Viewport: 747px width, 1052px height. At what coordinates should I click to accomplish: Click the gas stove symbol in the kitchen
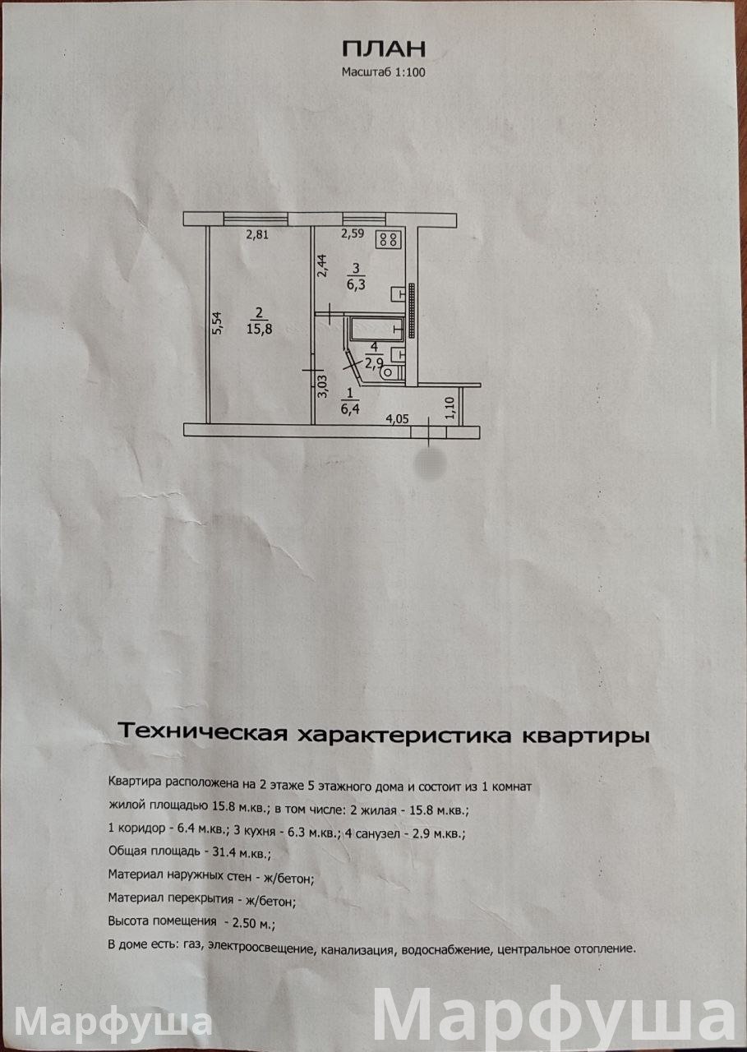click(388, 240)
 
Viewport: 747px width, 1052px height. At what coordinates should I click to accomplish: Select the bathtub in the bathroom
click(376, 330)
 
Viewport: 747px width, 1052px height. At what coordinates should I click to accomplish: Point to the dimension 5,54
click(216, 322)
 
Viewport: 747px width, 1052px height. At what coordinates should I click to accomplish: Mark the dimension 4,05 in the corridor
click(398, 418)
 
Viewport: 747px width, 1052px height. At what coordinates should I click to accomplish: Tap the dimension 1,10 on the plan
click(449, 408)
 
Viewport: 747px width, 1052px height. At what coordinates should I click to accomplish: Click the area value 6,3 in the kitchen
click(356, 284)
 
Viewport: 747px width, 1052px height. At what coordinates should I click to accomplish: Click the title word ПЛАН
click(384, 48)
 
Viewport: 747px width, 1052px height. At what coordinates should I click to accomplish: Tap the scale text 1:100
click(408, 72)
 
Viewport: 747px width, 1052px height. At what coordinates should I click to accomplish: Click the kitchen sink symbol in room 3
click(399, 292)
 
